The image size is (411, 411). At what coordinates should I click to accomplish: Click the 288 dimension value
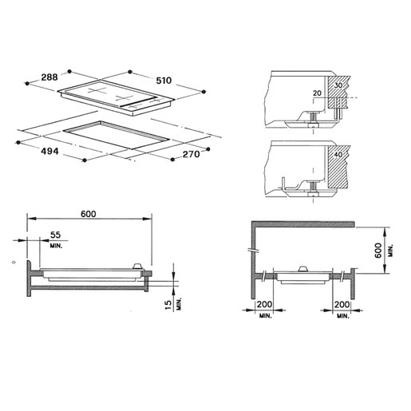pos(49,77)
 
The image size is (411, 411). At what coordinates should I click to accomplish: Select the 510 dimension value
pos(164,81)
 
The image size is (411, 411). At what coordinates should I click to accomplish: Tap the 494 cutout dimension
pos(49,151)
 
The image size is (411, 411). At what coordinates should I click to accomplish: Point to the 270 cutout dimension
pos(191,154)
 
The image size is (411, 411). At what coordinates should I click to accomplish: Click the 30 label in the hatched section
pos(338,85)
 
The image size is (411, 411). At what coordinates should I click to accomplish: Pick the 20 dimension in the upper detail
pos(317,93)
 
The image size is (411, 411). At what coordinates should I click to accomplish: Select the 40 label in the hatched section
pos(338,155)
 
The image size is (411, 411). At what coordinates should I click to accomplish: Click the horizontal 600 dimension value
pos(89,214)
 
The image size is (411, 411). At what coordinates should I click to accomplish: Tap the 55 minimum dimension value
pos(56,235)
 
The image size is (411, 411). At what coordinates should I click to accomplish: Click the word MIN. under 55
pos(56,246)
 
